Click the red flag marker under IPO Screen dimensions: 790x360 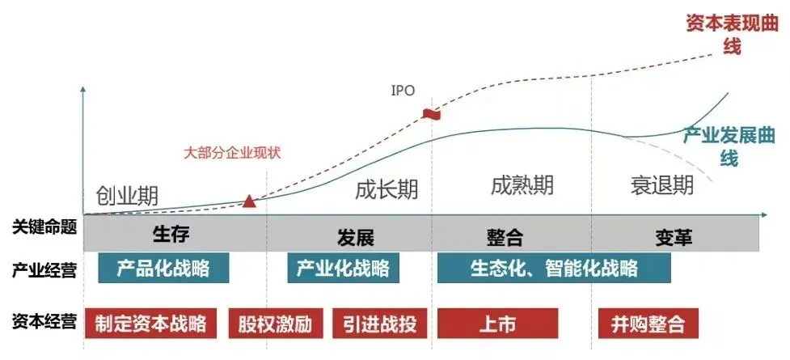pos(431,113)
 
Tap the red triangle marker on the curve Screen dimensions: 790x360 pos(249,200)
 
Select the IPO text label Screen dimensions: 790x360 pos(403,90)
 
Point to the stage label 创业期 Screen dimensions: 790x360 pos(127,196)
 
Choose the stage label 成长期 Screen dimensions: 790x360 pos(387,190)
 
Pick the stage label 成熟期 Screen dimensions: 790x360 pos(522,185)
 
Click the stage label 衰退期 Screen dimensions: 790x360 pos(661,185)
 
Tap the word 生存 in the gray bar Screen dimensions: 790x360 pos(171,235)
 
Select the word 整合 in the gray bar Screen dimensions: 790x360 pos(505,237)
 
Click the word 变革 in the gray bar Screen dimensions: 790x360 pos(674,237)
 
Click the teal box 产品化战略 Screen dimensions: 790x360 pos(163,268)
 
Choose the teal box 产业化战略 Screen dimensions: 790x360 pos(343,268)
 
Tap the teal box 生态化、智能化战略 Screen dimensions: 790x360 pos(554,268)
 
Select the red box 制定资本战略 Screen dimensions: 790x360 pos(150,324)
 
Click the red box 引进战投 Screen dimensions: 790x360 pos(379,324)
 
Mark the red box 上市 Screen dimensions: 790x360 pos(496,324)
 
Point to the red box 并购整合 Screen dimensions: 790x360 pos(648,324)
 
